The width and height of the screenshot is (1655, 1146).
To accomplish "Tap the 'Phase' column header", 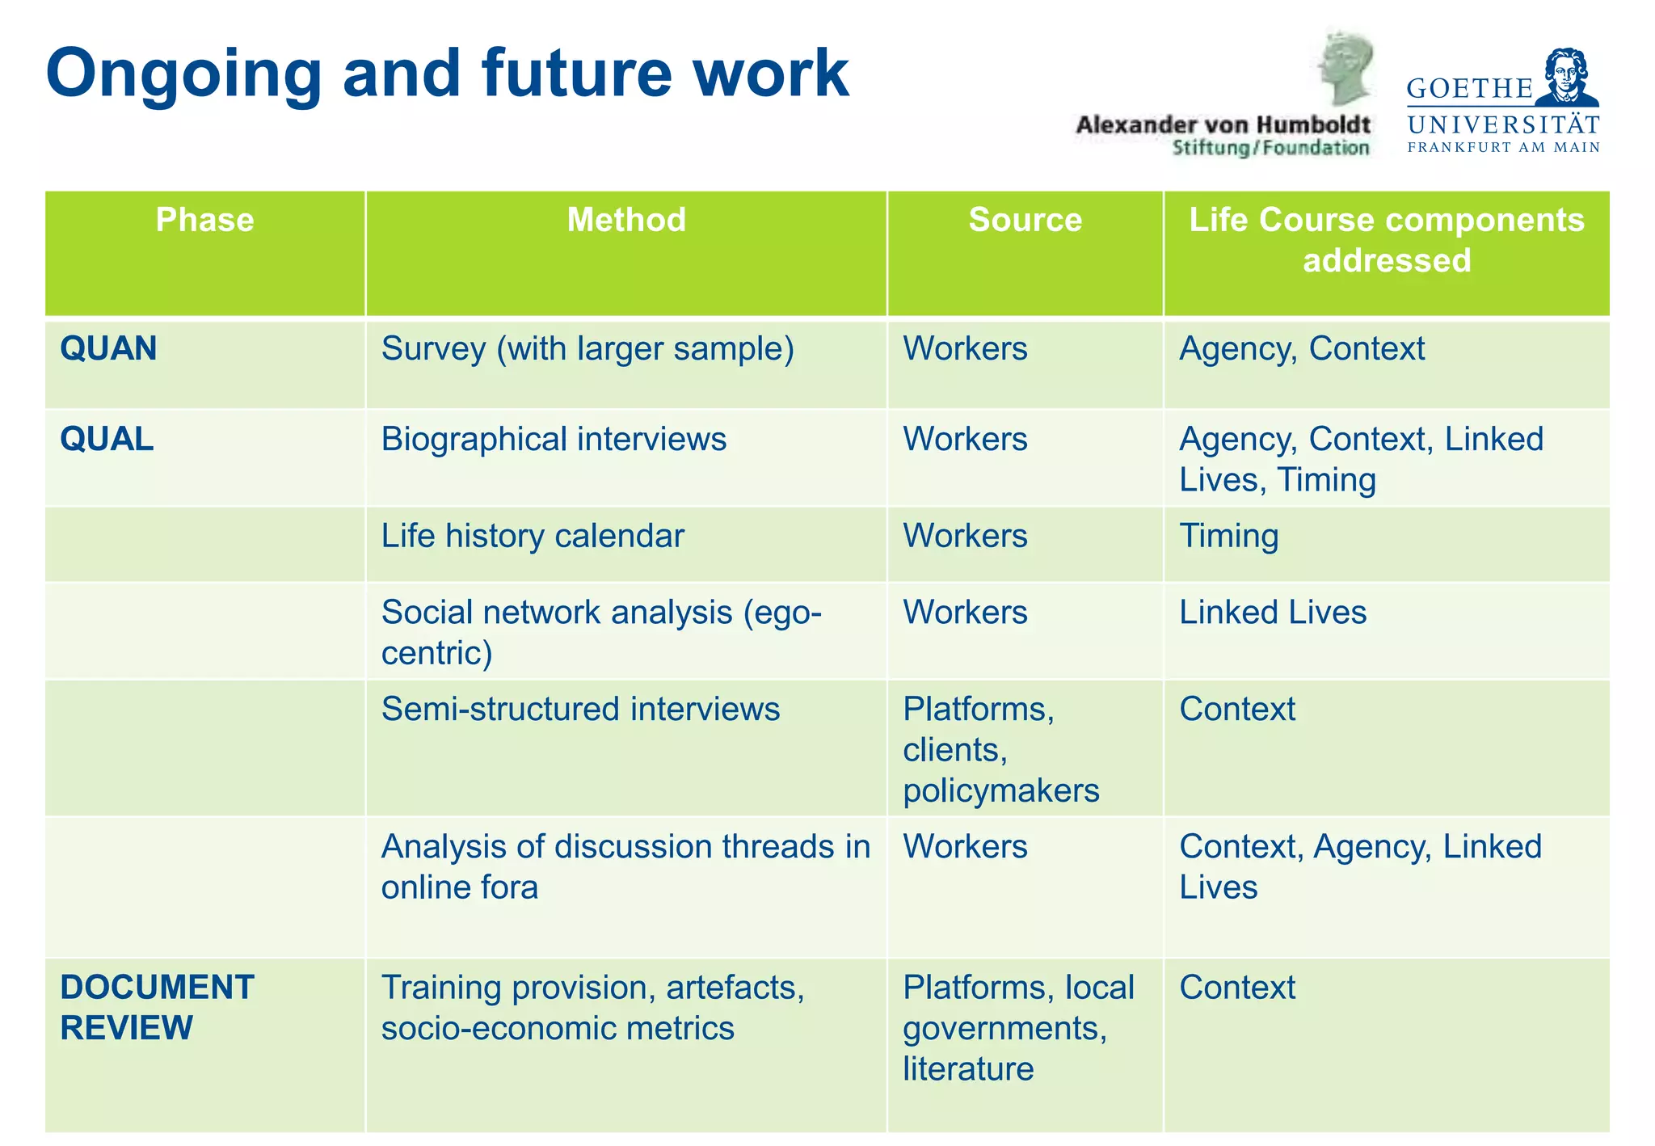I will point(204,220).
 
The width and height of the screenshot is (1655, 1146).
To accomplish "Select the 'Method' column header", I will point(626,220).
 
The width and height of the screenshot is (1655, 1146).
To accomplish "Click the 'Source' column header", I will point(1025,220).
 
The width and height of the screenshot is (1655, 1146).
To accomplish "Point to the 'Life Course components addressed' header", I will point(1386,240).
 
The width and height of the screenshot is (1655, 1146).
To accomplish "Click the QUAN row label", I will point(108,349).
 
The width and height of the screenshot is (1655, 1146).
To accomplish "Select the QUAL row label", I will point(107,440).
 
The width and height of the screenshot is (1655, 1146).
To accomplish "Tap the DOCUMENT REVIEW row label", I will point(157,1008).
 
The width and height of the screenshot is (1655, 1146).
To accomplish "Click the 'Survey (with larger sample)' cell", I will point(587,349).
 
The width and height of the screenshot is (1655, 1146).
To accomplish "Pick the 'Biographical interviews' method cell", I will point(554,440).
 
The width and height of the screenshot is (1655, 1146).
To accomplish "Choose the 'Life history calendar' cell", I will point(533,537).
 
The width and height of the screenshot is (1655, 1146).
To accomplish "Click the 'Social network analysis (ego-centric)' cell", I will point(601,632).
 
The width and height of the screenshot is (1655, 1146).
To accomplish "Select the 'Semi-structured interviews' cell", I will point(580,710).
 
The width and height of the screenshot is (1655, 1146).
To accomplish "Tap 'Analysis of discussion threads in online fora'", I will point(625,867).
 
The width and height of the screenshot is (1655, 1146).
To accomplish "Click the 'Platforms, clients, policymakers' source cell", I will point(1000,750).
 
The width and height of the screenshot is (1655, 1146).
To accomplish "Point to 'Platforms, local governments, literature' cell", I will point(1018,1028).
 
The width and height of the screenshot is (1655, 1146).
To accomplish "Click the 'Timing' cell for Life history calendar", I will point(1228,537).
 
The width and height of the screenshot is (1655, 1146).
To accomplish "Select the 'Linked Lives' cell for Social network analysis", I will point(1273,613).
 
